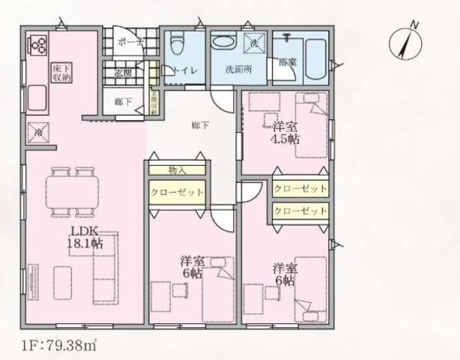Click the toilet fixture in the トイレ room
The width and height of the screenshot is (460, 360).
[x=175, y=46]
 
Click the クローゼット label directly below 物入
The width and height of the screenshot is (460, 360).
[x=177, y=192]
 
